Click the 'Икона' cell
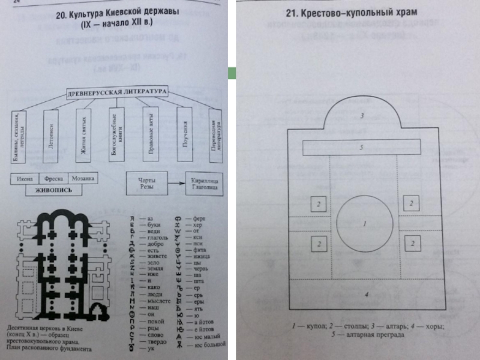(x=25, y=178)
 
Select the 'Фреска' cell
(x=53, y=178)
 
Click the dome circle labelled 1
(x=365, y=223)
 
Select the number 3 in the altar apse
(x=362, y=115)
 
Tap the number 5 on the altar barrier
(x=362, y=147)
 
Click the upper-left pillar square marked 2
(x=319, y=204)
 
